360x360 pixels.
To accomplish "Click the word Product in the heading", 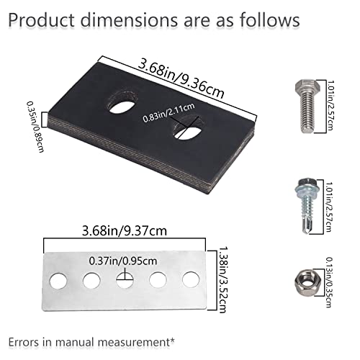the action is pos(41,19).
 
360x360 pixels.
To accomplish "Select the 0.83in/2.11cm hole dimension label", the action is pos(168,113).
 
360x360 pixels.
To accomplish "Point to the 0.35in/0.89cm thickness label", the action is pos(35,127).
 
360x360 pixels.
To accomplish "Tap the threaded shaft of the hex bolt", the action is pos(307,112).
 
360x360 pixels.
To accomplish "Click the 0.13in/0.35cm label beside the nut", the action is pos(329,282).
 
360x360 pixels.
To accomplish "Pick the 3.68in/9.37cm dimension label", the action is pos(125,231).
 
